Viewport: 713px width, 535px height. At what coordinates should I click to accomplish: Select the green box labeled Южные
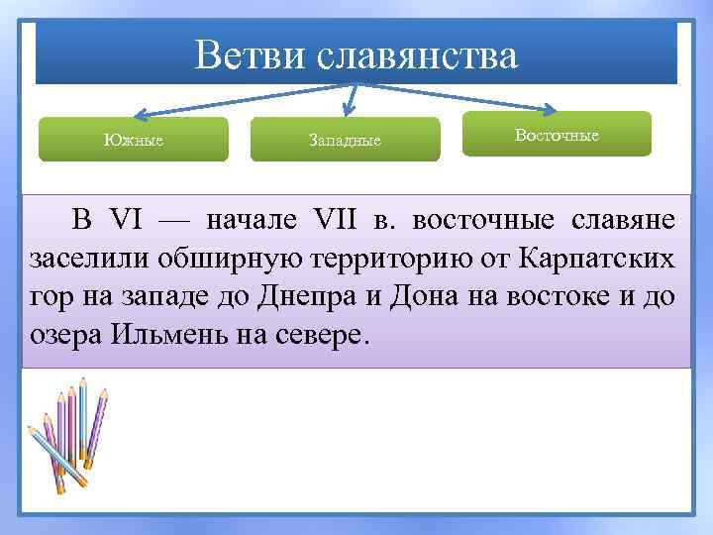[134, 140]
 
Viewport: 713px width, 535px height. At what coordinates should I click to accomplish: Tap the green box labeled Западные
[345, 140]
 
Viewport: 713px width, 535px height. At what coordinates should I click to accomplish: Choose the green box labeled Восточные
[557, 134]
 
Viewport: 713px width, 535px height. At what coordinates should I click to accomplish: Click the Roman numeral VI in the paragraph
[125, 220]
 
